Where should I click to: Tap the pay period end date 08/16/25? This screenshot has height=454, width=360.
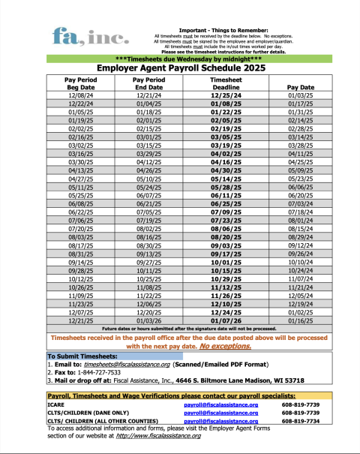[149, 236]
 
